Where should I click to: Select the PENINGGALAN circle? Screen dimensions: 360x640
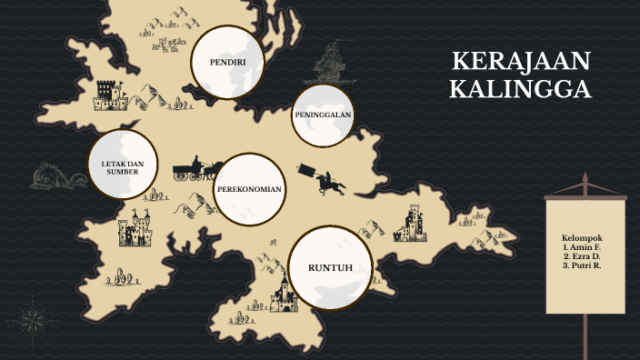pyautogui.click(x=323, y=115)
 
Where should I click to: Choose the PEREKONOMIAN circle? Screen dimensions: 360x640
pyautogui.click(x=249, y=189)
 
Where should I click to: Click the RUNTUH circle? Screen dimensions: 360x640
pyautogui.click(x=330, y=267)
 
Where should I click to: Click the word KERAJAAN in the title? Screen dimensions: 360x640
pyautogui.click(x=521, y=62)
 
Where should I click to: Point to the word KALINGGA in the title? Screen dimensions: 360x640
pyautogui.click(x=521, y=90)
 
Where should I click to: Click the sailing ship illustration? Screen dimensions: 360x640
pyautogui.click(x=330, y=62)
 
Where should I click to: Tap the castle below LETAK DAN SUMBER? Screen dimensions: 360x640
pyautogui.click(x=135, y=230)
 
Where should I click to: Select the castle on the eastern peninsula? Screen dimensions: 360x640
pyautogui.click(x=412, y=224)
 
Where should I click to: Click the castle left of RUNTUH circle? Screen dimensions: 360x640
pyautogui.click(x=283, y=296)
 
